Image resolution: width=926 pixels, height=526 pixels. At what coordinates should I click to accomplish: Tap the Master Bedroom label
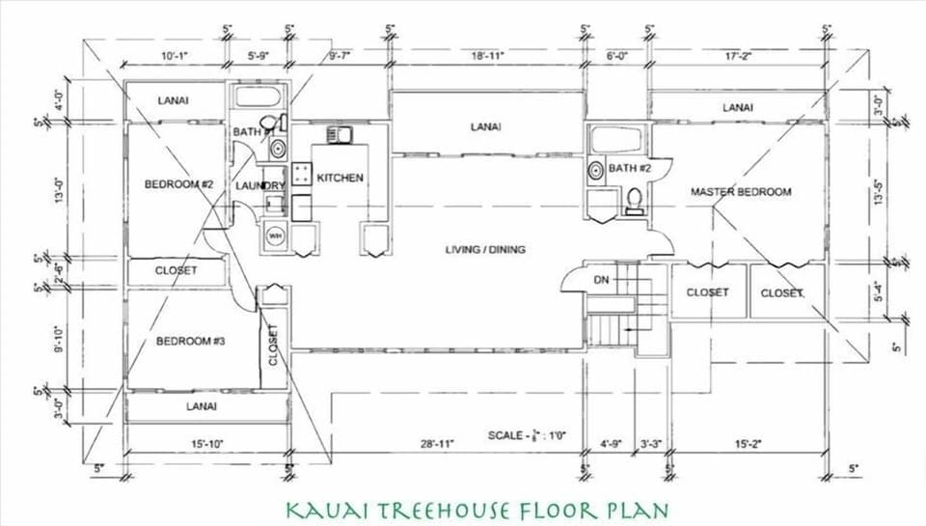[x=741, y=192]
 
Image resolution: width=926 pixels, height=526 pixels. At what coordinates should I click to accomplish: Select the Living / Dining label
[x=485, y=250]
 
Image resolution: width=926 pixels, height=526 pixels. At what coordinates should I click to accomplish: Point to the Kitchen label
[x=340, y=178]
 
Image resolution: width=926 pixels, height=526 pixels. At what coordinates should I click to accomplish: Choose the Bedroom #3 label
[x=191, y=341]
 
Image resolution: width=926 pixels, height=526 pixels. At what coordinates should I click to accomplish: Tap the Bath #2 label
[x=631, y=169]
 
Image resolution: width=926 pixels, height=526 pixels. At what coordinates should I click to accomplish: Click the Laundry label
[x=260, y=185]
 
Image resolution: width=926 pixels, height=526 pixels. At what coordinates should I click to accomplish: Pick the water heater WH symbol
[x=275, y=236]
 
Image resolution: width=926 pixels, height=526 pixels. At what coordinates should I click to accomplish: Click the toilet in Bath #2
[x=635, y=200]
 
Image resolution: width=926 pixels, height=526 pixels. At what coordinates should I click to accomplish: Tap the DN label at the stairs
[x=601, y=280]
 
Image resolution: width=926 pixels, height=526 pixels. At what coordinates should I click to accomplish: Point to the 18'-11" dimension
[x=489, y=57]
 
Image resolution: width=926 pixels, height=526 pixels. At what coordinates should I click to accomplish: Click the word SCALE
[x=507, y=435]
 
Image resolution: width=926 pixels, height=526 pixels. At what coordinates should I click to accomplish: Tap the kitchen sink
[x=340, y=134]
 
